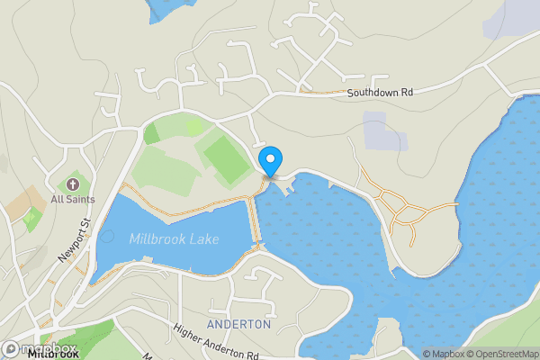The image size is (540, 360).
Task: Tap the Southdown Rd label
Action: click(380, 93)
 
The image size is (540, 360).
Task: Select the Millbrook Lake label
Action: click(174, 239)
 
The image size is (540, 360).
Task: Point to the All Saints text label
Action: click(68, 199)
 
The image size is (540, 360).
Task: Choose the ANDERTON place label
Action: click(238, 324)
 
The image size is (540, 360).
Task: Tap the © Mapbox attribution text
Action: click(442, 354)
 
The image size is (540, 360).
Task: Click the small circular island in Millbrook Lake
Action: click(107, 237)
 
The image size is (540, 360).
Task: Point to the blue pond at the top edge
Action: click(169, 8)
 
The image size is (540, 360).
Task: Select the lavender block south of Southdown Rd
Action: click(384, 131)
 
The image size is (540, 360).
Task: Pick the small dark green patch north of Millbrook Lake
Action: click(151, 133)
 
